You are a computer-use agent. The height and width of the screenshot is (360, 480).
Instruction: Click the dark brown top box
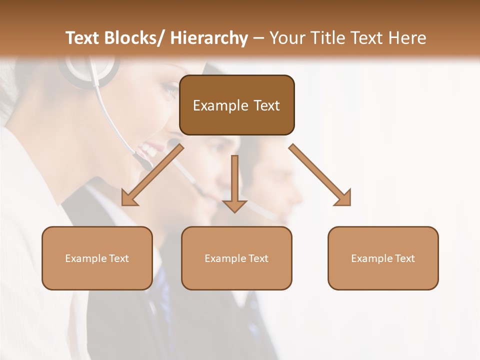tap(236, 105)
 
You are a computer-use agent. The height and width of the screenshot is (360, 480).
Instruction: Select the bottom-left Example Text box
tap(97, 258)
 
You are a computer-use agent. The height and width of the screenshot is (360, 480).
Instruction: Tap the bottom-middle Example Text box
tap(236, 258)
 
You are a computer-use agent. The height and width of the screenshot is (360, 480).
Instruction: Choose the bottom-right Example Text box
tap(383, 258)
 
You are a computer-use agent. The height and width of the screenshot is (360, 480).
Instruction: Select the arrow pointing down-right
tap(320, 175)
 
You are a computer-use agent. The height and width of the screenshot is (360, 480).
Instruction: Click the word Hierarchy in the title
tap(209, 38)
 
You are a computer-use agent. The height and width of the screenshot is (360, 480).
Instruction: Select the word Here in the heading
tap(408, 38)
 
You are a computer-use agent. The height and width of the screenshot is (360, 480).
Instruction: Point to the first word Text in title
tap(83, 38)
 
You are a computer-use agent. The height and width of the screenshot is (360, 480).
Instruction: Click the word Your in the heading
tap(287, 38)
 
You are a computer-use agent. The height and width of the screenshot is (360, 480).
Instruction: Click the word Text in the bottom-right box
tap(404, 258)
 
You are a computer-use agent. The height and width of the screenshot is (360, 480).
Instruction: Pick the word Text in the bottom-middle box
tap(257, 258)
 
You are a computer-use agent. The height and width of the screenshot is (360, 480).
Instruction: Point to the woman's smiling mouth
tap(150, 148)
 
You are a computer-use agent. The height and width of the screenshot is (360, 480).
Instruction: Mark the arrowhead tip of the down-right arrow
tap(349, 204)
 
